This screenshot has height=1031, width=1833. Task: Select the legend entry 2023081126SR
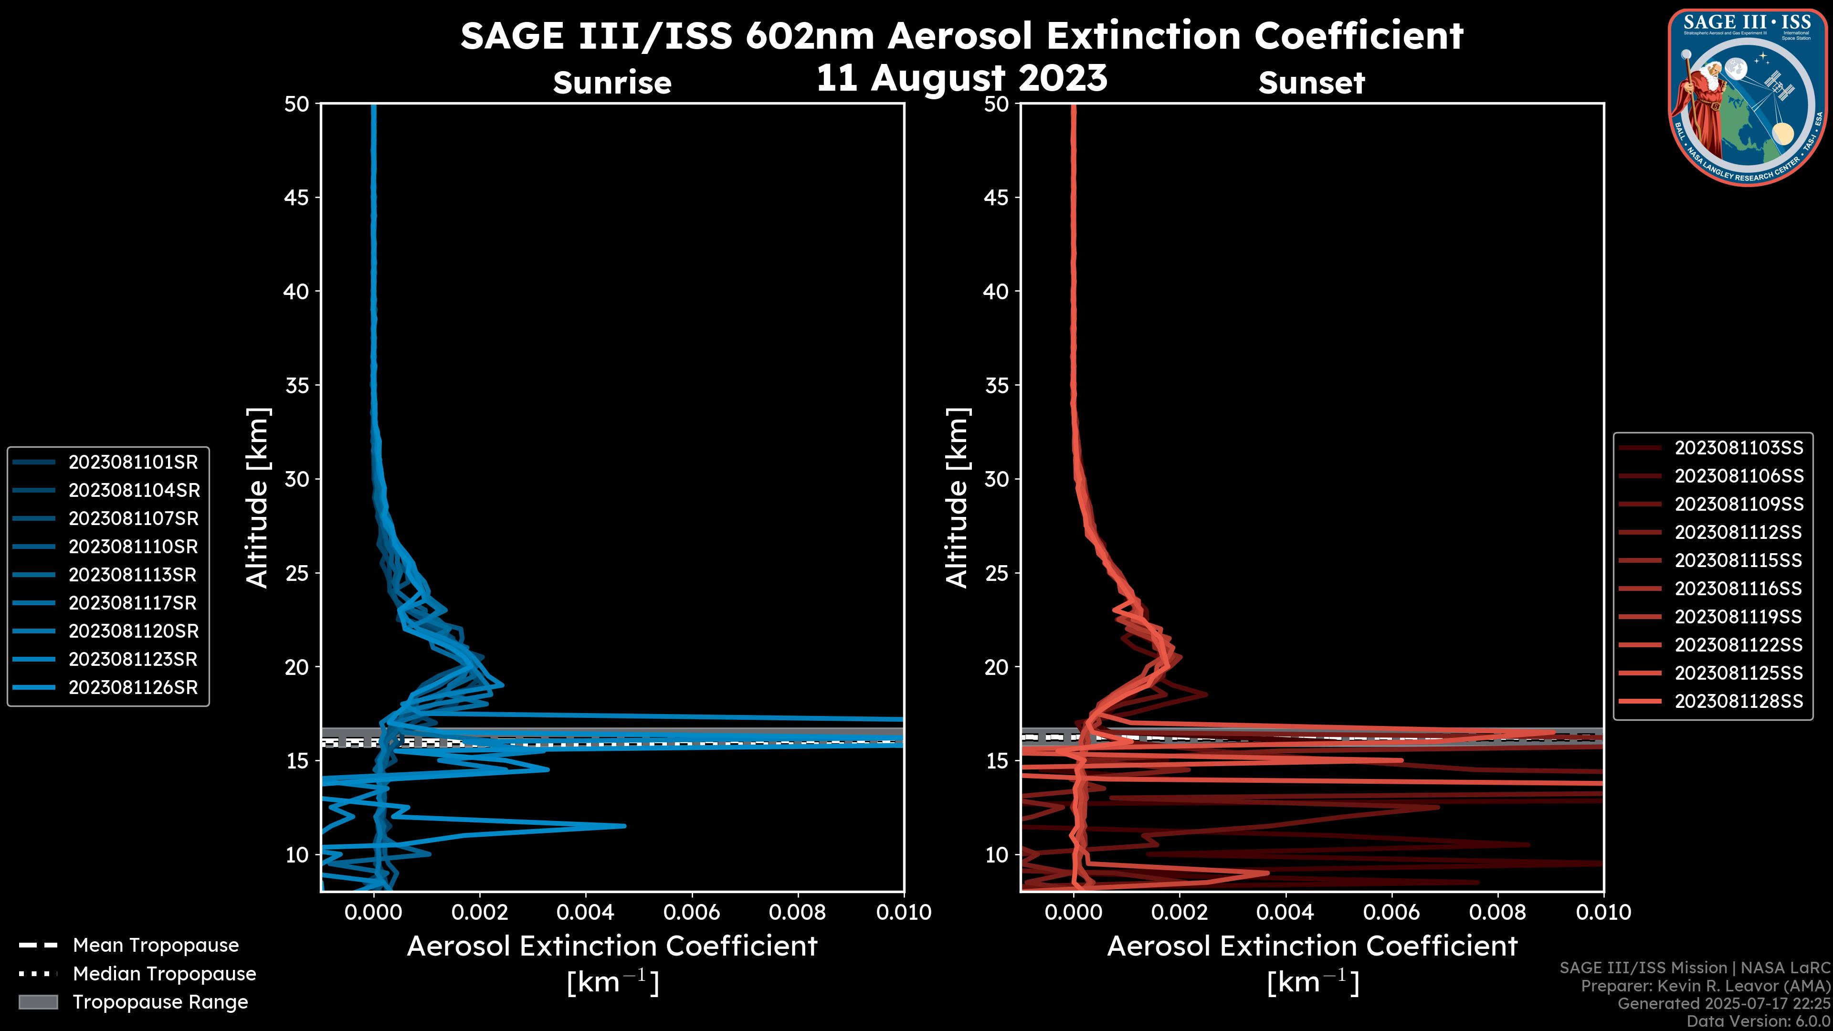point(133,688)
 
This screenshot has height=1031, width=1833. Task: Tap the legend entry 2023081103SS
point(1738,448)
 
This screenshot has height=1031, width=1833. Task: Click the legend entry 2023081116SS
point(1738,589)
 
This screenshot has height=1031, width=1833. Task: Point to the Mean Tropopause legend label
point(156,946)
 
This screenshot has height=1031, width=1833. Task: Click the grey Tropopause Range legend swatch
point(38,1002)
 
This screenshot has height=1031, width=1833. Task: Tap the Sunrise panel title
point(612,83)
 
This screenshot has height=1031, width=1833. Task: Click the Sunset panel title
point(1311,83)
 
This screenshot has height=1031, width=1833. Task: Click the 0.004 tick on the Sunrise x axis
point(586,912)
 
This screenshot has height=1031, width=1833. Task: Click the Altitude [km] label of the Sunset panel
point(958,498)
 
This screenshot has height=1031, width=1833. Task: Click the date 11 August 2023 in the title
point(961,78)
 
